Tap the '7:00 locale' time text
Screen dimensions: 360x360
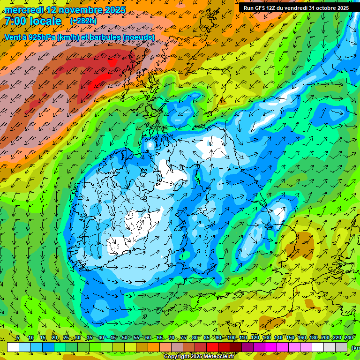click(x=33, y=21)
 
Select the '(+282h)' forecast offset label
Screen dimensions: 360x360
click(x=83, y=21)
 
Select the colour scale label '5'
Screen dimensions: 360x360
click(x=18, y=338)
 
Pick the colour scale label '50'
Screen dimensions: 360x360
click(x=125, y=338)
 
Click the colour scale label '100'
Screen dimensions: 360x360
click(x=231, y=338)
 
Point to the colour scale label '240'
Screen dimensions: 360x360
click(x=348, y=338)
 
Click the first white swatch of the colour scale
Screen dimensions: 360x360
click(x=13, y=347)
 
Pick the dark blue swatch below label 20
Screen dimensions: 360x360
click(x=48, y=347)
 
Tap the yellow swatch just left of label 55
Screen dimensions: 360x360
click(x=130, y=347)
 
